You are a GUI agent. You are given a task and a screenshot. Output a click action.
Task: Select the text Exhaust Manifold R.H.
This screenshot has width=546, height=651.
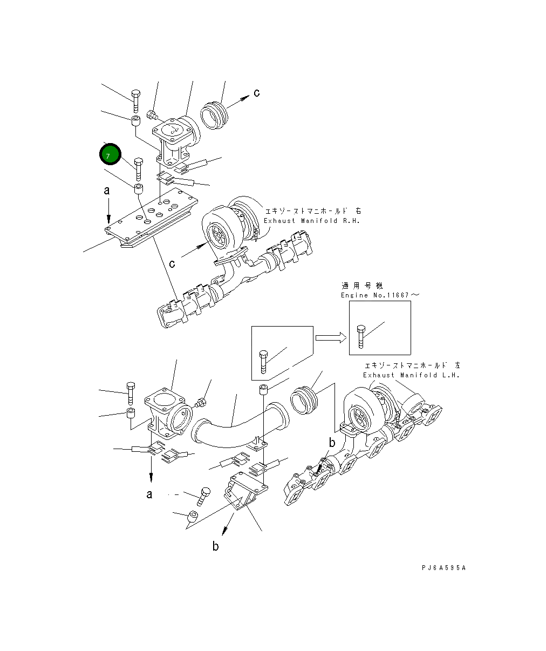pyautogui.click(x=311, y=221)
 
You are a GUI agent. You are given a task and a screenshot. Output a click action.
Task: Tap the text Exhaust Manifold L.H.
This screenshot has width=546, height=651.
pyautogui.click(x=411, y=375)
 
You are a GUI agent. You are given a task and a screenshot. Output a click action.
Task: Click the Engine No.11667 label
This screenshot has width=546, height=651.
pyautogui.click(x=379, y=295)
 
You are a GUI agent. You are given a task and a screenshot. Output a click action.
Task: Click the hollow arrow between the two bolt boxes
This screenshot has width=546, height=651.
pyautogui.click(x=330, y=337)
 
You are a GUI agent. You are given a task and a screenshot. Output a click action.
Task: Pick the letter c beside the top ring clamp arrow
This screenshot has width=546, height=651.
pyautogui.click(x=257, y=93)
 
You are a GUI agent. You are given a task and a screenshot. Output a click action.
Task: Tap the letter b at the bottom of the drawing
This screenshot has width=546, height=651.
pyautogui.click(x=215, y=547)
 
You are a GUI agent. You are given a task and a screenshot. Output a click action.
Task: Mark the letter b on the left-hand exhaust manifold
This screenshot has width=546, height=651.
pyautogui.click(x=332, y=443)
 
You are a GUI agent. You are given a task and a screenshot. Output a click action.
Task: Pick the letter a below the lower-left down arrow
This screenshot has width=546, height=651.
pyautogui.click(x=149, y=494)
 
